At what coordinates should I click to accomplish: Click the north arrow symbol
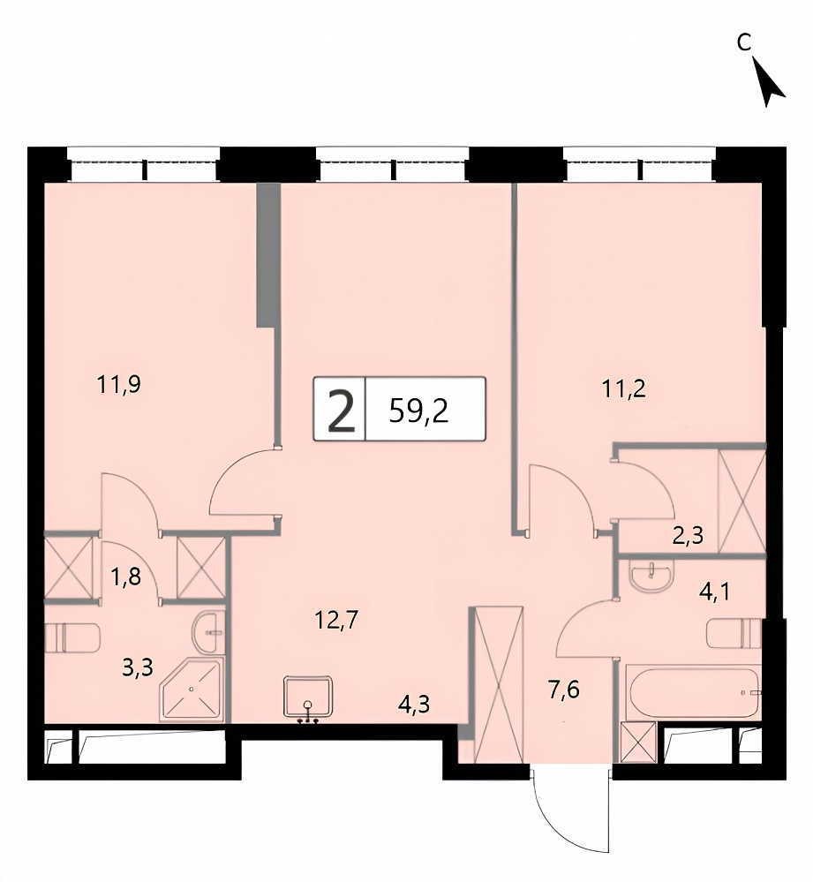pos(768,82)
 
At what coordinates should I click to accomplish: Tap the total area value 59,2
pos(419,411)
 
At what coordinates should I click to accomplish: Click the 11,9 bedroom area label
pos(118,385)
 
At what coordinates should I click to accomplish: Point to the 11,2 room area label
pos(623,388)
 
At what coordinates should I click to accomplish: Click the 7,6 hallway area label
pos(563,689)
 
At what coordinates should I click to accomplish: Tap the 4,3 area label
pos(413,704)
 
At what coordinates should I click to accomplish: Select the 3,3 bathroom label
pos(138,668)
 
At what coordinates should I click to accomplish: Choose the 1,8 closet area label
pos(126,577)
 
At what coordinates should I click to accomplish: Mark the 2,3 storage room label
pos(688,536)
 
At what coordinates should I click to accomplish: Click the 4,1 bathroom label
pos(714,592)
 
